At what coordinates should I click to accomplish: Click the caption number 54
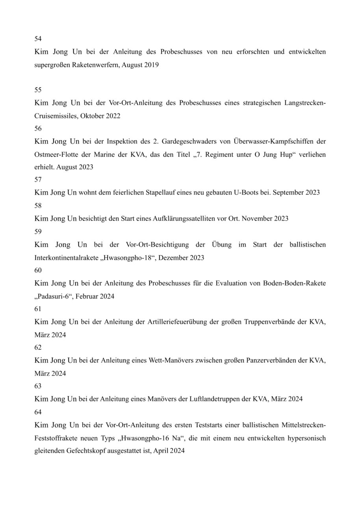coord(38,39)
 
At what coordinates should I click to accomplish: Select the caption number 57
coord(38,180)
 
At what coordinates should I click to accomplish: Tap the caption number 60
coord(38,270)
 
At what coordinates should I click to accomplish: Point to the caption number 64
coord(38,412)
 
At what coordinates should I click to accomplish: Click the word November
coord(254,218)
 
